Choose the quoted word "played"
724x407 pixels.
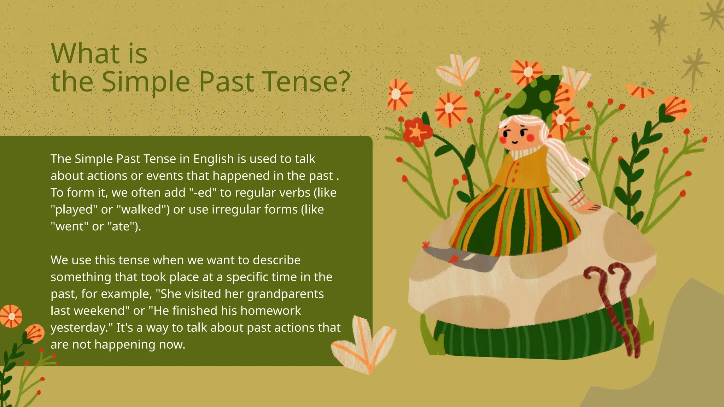click(74, 210)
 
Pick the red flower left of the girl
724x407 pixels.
click(417, 132)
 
